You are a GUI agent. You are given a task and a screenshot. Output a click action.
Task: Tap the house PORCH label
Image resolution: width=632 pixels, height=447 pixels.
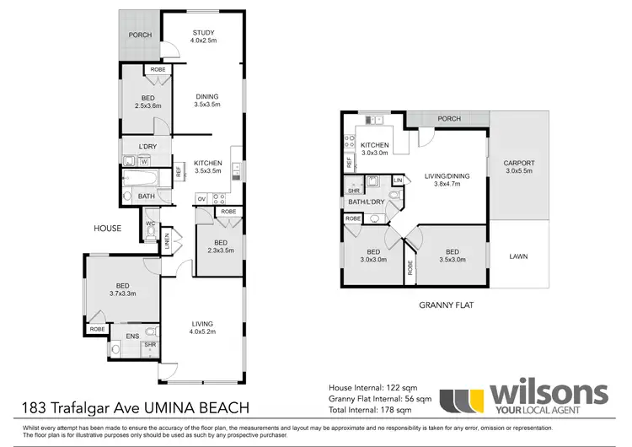[x=140, y=35]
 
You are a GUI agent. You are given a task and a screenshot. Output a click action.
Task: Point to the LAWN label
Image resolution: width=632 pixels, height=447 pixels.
[x=517, y=256]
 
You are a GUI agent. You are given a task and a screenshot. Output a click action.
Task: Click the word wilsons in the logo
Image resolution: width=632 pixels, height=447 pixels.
[x=549, y=393]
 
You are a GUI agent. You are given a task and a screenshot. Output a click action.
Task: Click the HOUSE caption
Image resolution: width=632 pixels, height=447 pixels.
[x=108, y=228]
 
